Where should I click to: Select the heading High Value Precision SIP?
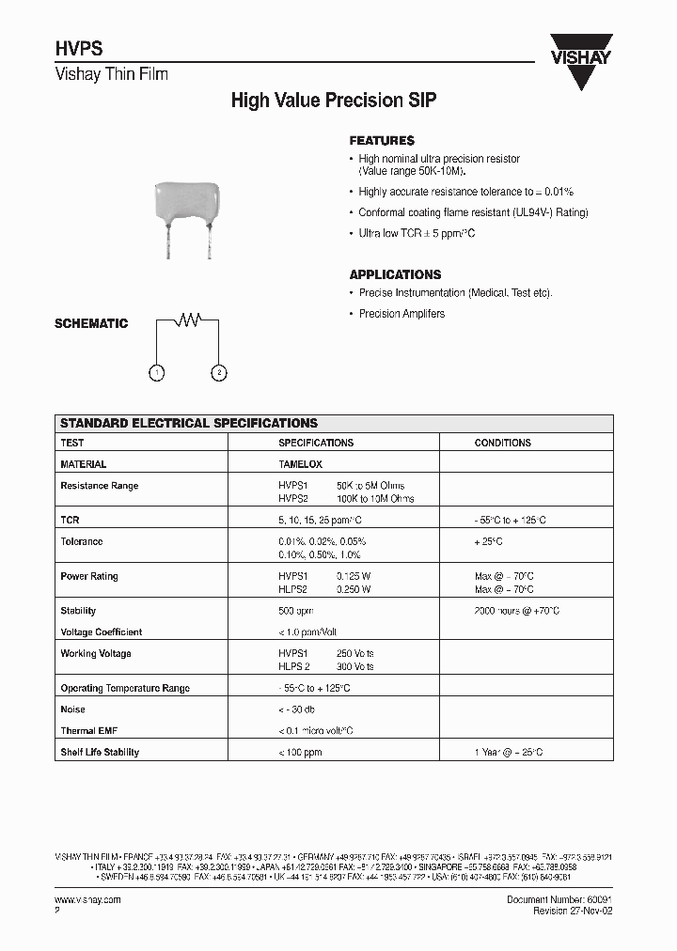(334, 101)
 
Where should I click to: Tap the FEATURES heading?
(382, 141)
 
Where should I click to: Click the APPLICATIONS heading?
(395, 274)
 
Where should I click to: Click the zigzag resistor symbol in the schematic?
(191, 320)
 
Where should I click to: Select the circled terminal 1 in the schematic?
(157, 373)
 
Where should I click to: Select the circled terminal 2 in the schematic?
(218, 373)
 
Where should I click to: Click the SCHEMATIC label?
(91, 323)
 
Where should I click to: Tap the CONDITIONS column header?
(502, 443)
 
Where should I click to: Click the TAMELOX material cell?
(300, 464)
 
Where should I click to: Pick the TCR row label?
(71, 520)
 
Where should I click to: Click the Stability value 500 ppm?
(296, 611)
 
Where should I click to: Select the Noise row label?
(73, 709)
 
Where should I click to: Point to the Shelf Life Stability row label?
(100, 752)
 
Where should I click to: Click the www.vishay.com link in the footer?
(87, 899)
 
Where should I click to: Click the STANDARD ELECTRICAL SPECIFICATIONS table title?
(189, 424)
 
